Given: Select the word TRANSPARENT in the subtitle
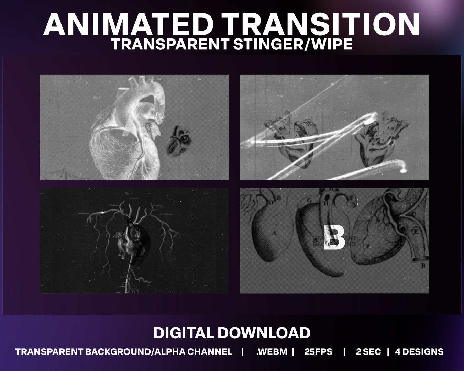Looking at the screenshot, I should [x=170, y=44].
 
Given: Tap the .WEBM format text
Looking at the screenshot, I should [x=272, y=352].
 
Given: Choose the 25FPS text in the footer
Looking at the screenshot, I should [x=318, y=352].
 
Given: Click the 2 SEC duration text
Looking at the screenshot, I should [x=368, y=352].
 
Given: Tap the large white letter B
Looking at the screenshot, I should [x=334, y=238].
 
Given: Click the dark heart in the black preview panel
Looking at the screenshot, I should [x=132, y=240].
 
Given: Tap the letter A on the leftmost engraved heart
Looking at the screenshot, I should [x=274, y=233].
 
